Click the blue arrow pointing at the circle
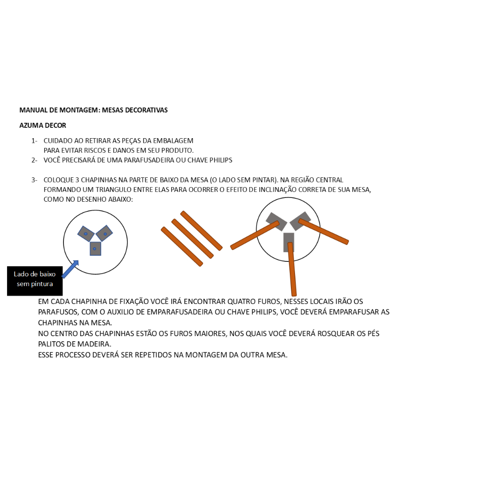click(x=70, y=269)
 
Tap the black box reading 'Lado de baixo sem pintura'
click(x=35, y=281)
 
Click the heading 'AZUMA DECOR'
click(x=42, y=125)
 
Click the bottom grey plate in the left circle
click(x=95, y=249)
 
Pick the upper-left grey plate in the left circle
click(x=86, y=234)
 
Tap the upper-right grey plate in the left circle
click(x=104, y=233)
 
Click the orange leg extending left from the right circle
click(x=255, y=235)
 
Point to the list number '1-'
click(x=34, y=141)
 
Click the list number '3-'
click(x=34, y=180)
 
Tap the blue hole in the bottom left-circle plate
click(x=94, y=249)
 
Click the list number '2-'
click(x=34, y=161)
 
